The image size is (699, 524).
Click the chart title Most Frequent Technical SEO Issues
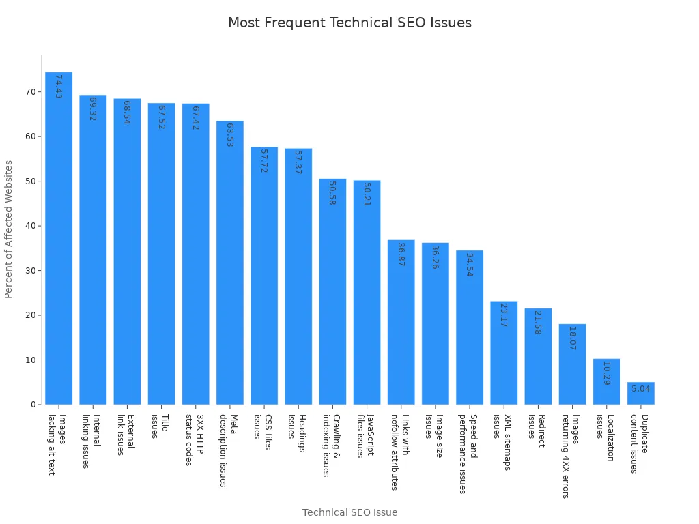point(349,23)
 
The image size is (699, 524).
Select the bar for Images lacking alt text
point(59,239)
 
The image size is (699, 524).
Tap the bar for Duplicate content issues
point(640,394)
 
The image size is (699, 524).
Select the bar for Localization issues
point(606,381)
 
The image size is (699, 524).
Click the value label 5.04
point(640,389)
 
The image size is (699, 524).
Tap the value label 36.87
point(401,254)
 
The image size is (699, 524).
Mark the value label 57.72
point(264,160)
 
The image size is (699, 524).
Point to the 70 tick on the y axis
point(30,92)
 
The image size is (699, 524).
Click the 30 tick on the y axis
point(30,271)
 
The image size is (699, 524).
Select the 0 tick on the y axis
point(33,405)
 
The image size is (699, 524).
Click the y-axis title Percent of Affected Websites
point(9,229)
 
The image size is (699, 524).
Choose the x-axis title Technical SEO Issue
point(349,512)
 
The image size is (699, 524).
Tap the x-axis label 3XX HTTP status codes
point(195,439)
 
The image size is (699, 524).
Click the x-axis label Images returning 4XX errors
point(571,456)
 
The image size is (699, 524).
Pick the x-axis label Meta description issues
point(229,450)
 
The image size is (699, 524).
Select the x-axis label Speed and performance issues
point(468,453)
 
